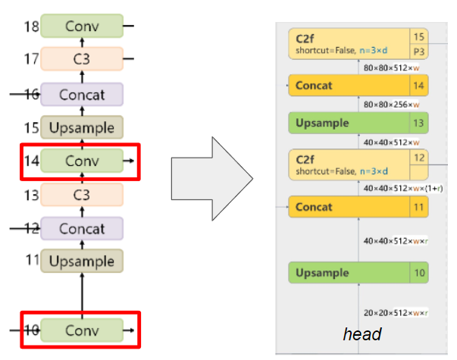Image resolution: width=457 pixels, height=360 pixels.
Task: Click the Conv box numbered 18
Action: [81, 26]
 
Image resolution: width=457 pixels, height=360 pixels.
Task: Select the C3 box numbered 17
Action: [81, 58]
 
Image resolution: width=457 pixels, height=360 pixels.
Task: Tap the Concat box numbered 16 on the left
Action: [81, 95]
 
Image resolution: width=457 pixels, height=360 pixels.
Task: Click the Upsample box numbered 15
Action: [81, 128]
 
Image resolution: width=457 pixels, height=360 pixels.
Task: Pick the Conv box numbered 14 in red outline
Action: [81, 161]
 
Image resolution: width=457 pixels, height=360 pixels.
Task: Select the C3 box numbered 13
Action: [81, 195]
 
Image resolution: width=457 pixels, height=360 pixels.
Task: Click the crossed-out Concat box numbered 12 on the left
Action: [81, 228]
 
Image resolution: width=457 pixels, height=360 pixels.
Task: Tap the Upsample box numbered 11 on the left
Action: [81, 261]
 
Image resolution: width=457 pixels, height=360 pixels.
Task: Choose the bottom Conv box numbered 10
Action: [81, 330]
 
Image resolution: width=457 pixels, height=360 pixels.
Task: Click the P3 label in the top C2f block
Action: [419, 51]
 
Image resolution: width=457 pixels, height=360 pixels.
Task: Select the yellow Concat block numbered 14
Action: [349, 86]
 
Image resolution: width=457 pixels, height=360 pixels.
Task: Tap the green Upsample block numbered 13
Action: [349, 123]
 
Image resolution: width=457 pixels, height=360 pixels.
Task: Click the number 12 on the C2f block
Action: [419, 157]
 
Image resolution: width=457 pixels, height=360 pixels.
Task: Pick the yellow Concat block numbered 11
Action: [349, 206]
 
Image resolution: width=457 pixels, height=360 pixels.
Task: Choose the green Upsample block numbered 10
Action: [349, 273]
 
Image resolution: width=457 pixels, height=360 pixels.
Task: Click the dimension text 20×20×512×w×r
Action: [395, 312]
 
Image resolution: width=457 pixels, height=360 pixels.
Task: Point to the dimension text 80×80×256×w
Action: [391, 105]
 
